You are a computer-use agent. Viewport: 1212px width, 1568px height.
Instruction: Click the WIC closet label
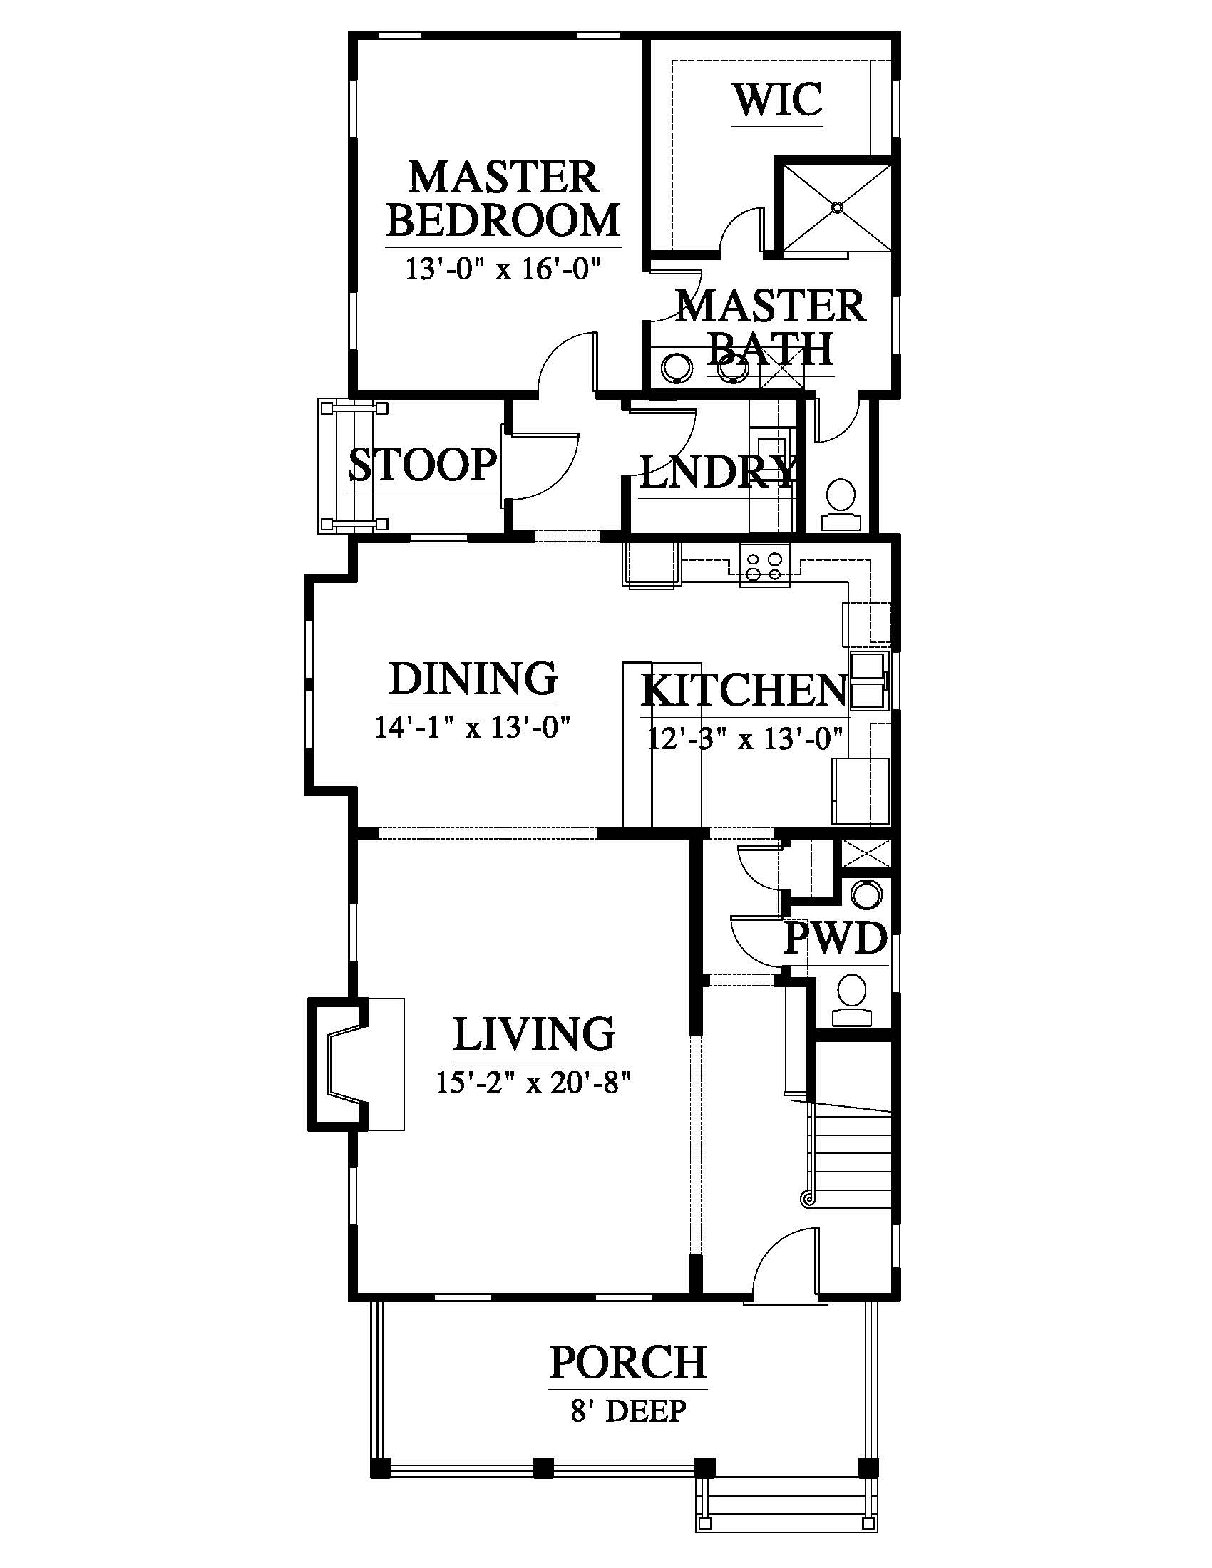(x=778, y=100)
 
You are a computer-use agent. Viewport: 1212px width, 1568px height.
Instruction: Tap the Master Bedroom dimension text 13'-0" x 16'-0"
(x=503, y=269)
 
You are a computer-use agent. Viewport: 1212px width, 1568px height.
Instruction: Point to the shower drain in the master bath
(x=837, y=207)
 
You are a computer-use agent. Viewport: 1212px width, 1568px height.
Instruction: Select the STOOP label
(x=423, y=465)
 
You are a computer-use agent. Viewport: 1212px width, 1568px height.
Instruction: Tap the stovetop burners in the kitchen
(x=764, y=566)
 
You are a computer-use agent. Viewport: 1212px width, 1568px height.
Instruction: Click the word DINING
(x=473, y=679)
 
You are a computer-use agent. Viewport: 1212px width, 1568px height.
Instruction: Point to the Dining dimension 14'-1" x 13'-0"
(x=473, y=728)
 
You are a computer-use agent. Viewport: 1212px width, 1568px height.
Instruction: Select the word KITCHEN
(x=744, y=690)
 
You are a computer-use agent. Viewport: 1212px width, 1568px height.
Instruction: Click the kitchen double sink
(x=869, y=679)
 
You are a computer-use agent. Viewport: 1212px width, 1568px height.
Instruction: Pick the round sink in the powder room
(x=865, y=894)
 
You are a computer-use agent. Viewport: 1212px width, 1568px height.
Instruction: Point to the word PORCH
(x=628, y=1363)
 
